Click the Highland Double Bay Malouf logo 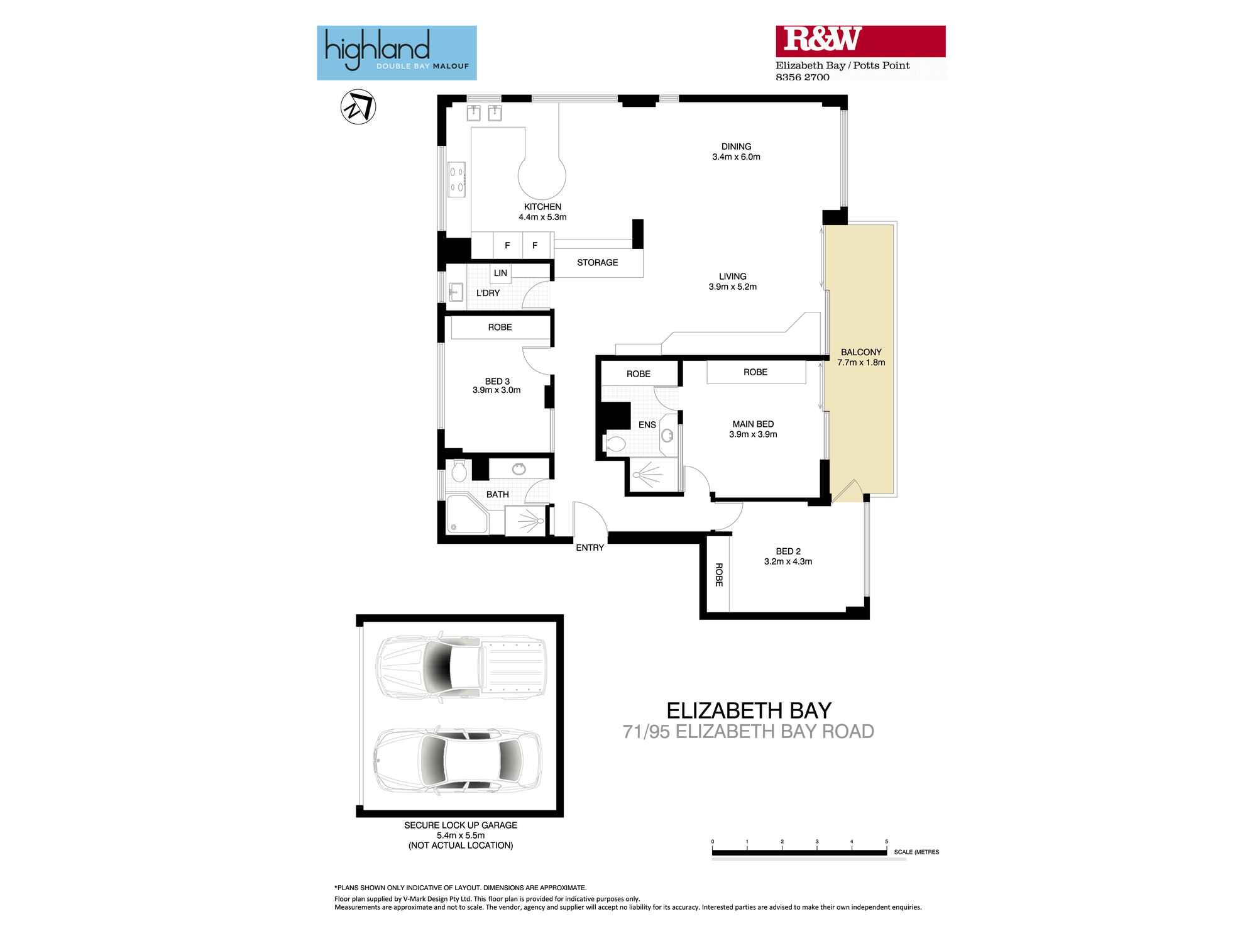(x=397, y=53)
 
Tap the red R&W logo (x=860, y=41)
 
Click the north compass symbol (x=358, y=107)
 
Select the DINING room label (x=736, y=146)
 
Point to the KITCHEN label (x=542, y=207)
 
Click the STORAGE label (x=597, y=263)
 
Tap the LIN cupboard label (x=500, y=273)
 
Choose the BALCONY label (x=861, y=352)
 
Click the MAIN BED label (x=753, y=424)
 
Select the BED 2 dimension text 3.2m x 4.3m (x=788, y=561)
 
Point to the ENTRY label (x=590, y=548)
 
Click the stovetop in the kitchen (x=457, y=180)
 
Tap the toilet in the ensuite (x=614, y=444)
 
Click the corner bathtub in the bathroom (x=467, y=514)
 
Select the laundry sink (x=456, y=292)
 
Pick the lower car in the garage (x=458, y=761)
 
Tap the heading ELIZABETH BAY (x=749, y=710)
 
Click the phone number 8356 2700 (x=803, y=77)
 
